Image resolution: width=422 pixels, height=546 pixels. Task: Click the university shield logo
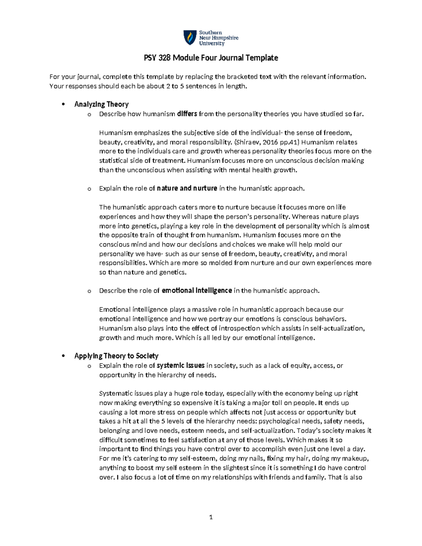(190, 38)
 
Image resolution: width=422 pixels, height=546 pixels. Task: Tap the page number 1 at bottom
(211, 517)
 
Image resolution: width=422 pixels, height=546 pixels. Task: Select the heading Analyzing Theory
(101, 104)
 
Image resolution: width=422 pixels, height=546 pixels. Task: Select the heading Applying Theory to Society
(116, 356)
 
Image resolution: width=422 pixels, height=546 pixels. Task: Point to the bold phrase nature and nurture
(187, 188)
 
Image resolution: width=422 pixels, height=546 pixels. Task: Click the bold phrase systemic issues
(181, 366)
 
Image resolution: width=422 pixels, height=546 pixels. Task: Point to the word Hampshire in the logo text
(223, 38)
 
